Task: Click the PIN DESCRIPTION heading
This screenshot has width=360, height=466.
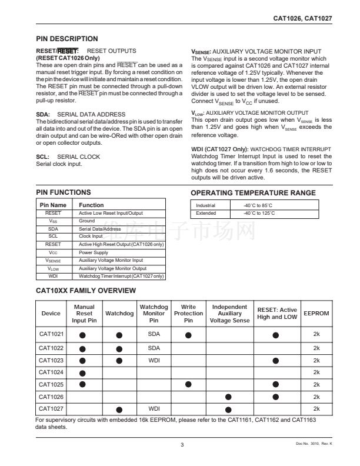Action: click(67, 39)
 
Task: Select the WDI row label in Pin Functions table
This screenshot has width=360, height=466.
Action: click(53, 275)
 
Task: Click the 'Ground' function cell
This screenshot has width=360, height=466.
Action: click(86, 221)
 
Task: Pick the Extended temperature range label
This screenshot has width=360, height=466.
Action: click(206, 213)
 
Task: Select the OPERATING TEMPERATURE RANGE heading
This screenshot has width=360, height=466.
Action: click(253, 193)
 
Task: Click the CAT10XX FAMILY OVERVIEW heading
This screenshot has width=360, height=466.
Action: click(86, 291)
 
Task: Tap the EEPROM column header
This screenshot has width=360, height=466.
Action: click(316, 314)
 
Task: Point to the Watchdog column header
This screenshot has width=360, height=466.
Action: click(119, 314)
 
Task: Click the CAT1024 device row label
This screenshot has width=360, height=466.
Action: click(52, 372)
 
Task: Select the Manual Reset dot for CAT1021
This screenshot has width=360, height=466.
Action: click(84, 335)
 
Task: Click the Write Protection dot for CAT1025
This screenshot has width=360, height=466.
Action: click(188, 384)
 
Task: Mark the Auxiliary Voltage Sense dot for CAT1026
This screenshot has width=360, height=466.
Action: click(229, 397)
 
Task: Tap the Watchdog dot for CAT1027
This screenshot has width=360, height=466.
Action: click(119, 409)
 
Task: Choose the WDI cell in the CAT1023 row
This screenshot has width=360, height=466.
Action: click(154, 360)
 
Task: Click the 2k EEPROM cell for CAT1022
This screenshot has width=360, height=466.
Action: click(316, 348)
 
